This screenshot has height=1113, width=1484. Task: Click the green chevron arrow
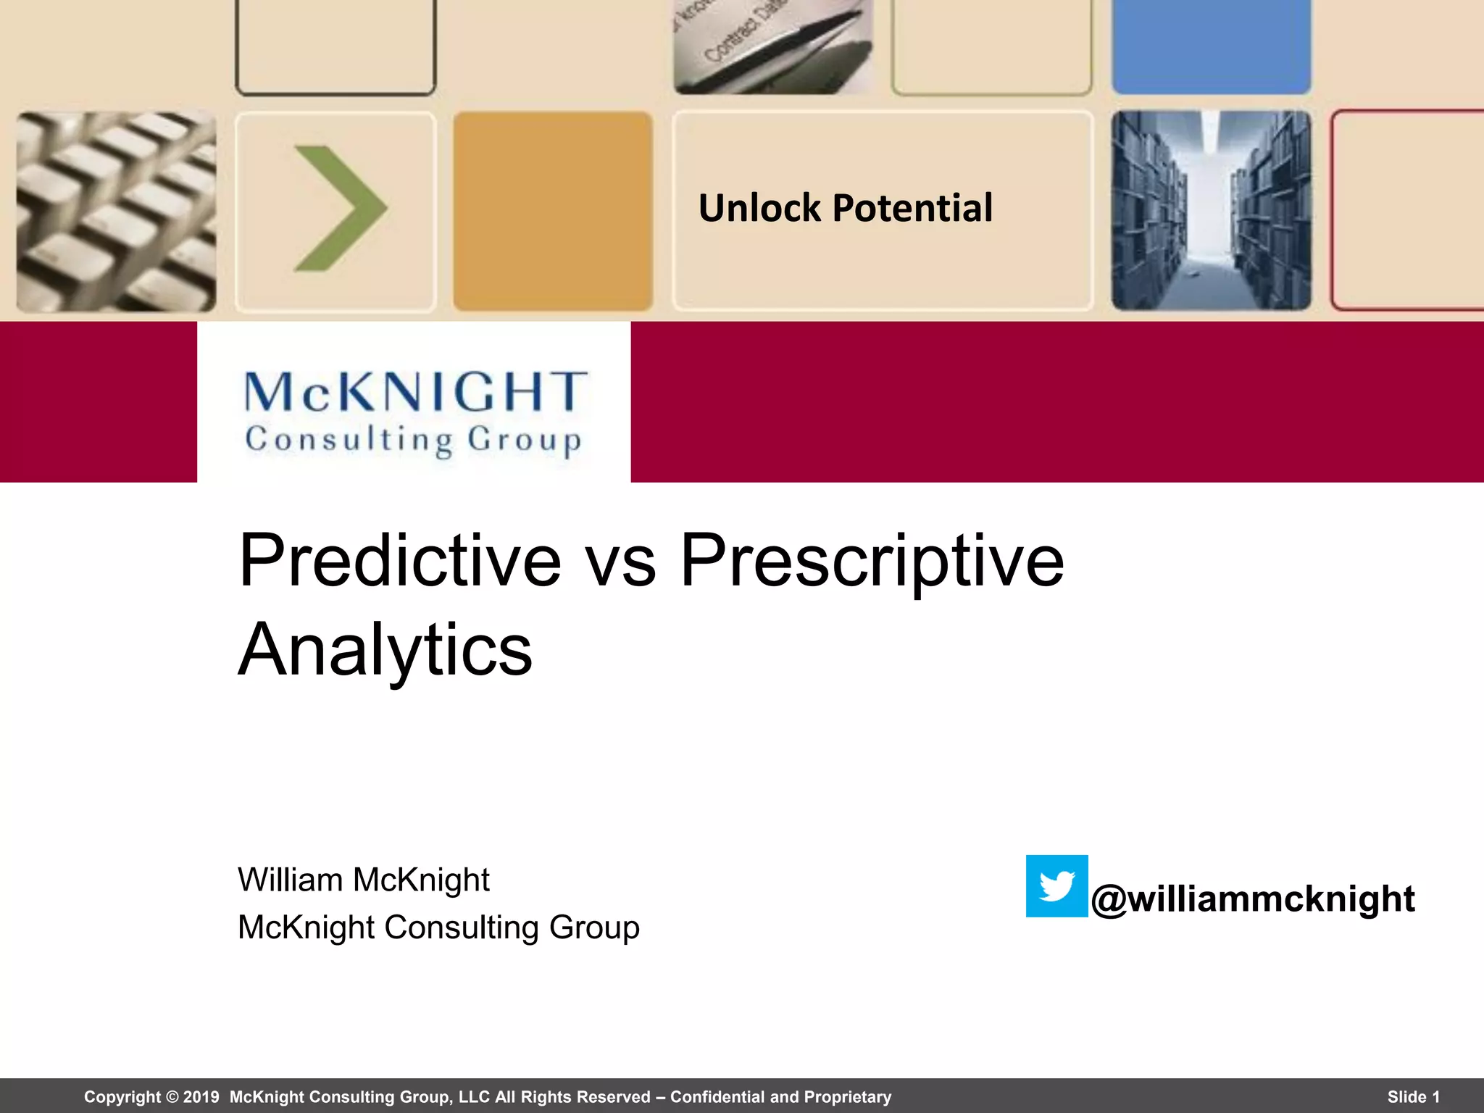coord(339,209)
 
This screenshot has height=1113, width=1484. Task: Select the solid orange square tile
coord(553,211)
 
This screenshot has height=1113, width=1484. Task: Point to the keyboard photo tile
coord(116,212)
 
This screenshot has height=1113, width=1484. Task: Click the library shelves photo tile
coord(1211,211)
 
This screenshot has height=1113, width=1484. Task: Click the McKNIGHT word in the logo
coord(415,392)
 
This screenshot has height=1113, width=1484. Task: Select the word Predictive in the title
coord(400,560)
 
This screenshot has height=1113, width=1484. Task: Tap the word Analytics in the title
coord(385,650)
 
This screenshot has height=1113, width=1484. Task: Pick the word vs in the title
coord(621,563)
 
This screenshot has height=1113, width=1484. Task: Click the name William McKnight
coord(364,880)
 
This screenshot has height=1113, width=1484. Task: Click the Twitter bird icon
coord(1056,886)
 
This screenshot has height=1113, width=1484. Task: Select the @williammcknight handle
coord(1253,899)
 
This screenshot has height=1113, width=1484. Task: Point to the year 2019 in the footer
coord(201,1097)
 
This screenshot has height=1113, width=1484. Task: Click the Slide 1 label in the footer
coord(1413,1097)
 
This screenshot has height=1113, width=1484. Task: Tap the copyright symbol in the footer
coord(172,1097)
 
